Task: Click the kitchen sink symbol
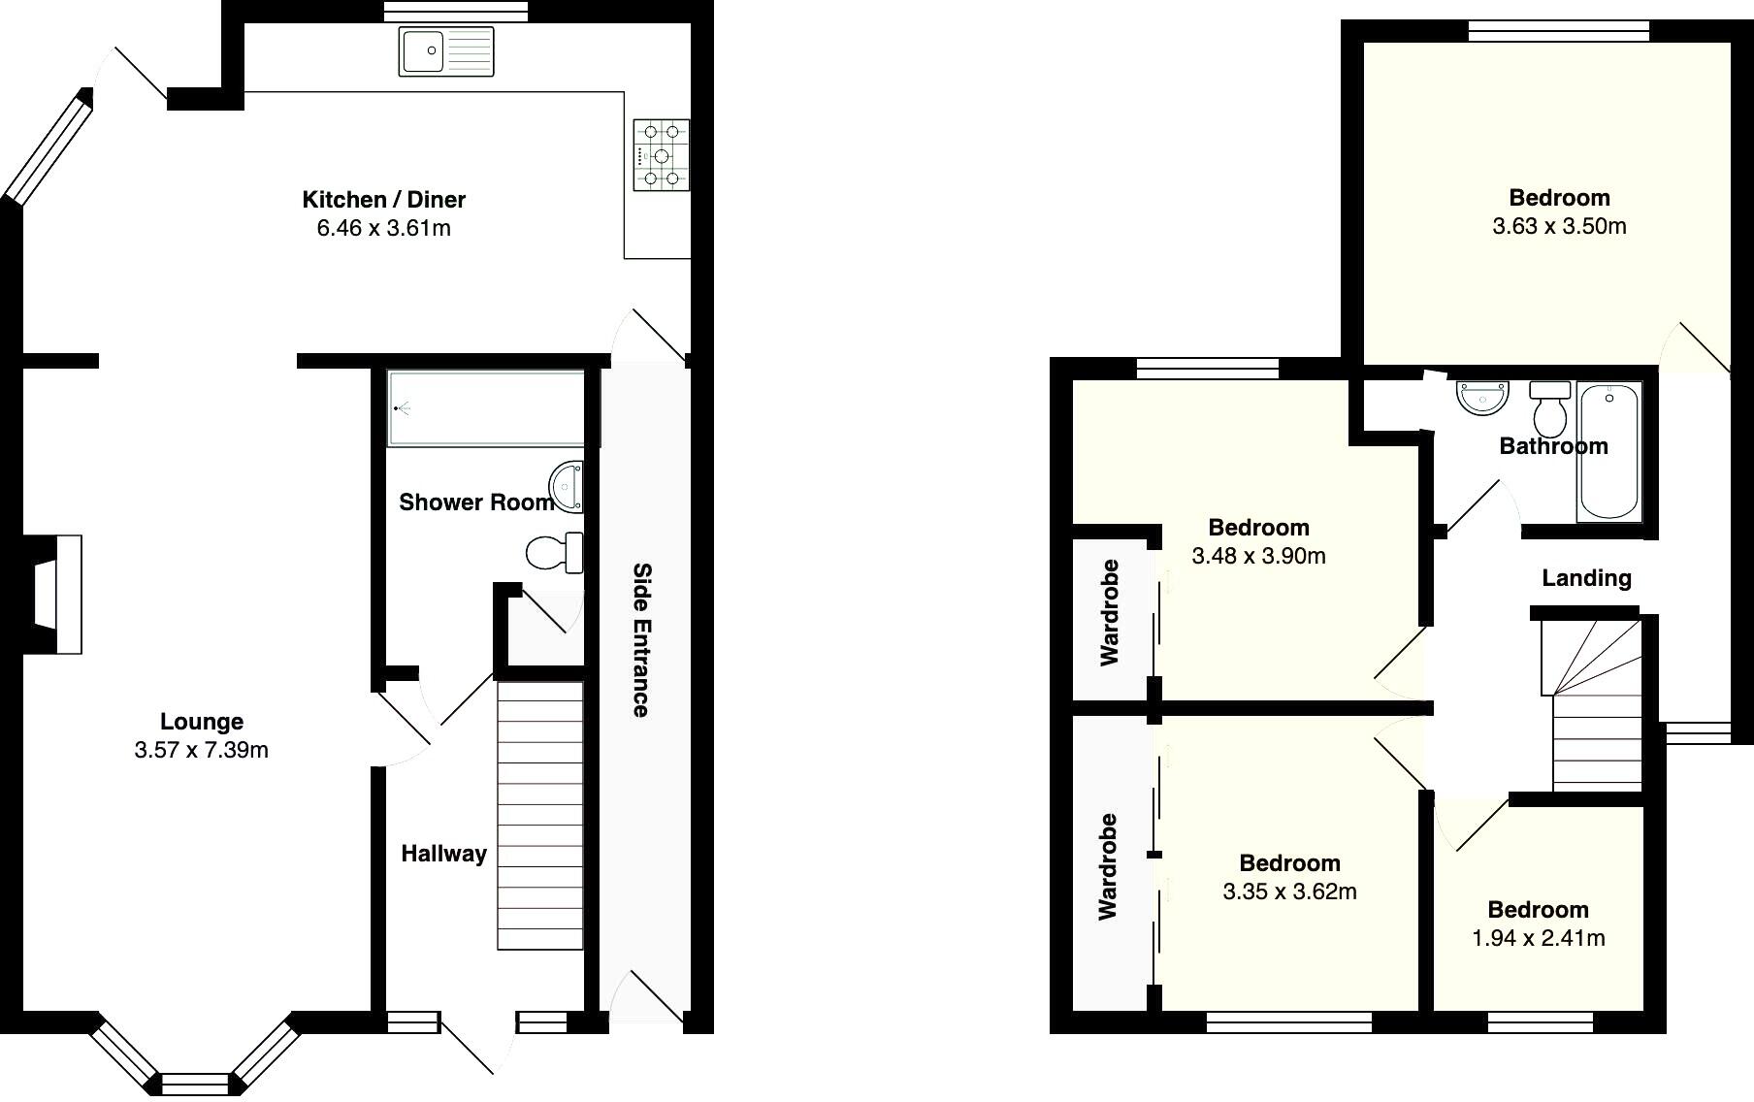click(446, 51)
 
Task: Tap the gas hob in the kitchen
click(662, 155)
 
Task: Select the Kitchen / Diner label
click(384, 200)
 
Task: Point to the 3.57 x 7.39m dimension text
click(202, 750)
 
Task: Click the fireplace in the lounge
click(58, 594)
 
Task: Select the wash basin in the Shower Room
click(568, 486)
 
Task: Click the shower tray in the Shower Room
click(485, 407)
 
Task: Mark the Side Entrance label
click(641, 639)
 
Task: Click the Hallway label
click(443, 854)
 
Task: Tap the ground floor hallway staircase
click(540, 815)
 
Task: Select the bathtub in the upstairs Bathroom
click(1609, 451)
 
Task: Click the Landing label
click(1586, 578)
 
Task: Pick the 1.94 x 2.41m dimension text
click(1538, 938)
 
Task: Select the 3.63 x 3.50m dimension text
click(1559, 226)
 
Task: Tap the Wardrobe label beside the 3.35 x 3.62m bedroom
click(1108, 866)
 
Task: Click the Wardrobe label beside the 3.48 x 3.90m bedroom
click(1110, 612)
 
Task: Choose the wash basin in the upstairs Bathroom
click(1483, 398)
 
